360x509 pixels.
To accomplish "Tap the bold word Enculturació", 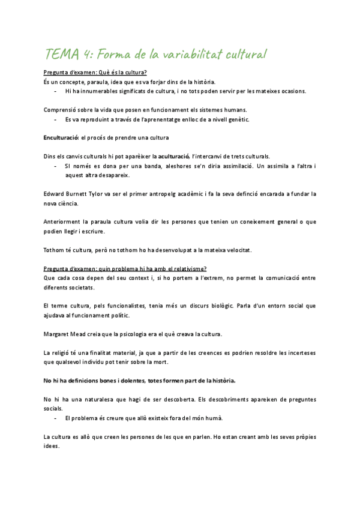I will point(61,137).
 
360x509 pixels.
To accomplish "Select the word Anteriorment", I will point(64,221).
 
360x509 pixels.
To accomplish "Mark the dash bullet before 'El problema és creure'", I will point(55,418).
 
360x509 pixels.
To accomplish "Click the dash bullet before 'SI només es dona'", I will point(55,166).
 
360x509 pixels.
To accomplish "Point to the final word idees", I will point(52,446).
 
